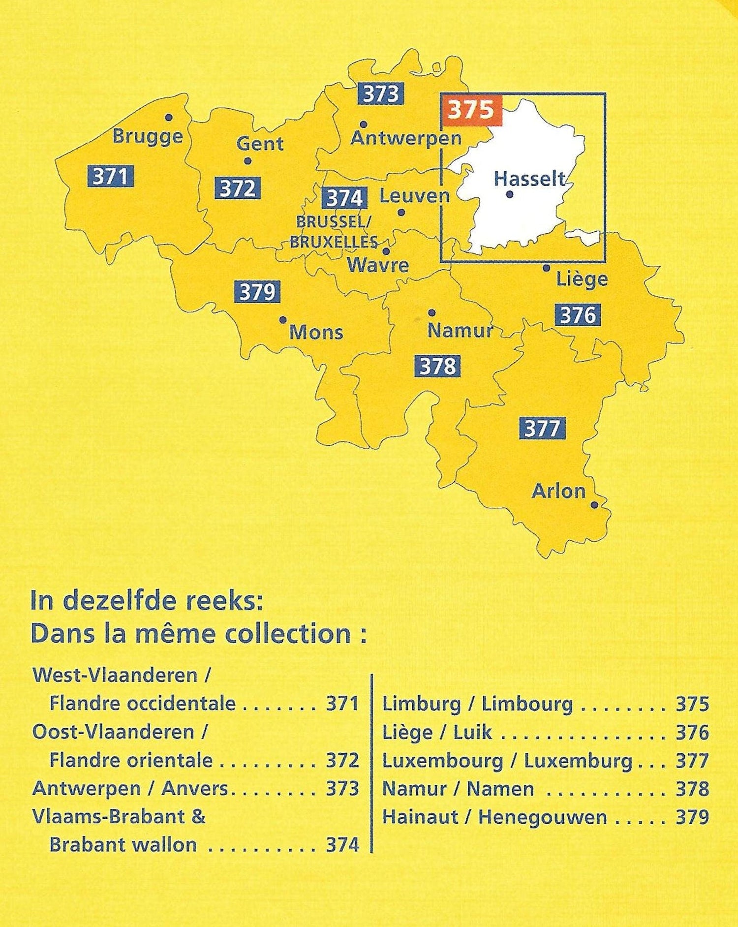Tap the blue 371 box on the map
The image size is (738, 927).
[111, 176]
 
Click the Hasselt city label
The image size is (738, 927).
[529, 179]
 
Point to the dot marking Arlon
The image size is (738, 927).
[594, 505]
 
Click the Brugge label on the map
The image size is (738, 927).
[148, 136]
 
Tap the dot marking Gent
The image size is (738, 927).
[247, 161]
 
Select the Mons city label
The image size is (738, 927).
[316, 332]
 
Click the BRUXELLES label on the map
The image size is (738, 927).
[334, 242]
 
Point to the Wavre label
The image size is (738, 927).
[378, 265]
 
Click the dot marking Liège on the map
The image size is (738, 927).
[546, 268]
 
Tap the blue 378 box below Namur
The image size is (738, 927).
[437, 366]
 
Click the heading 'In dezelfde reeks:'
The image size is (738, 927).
[147, 601]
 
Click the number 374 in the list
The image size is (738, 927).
[342, 845]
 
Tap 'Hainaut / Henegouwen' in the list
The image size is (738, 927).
[494, 817]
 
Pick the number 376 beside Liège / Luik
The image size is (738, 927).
[692, 733]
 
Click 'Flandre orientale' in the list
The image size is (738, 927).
[131, 761]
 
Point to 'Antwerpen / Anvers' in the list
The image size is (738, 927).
[130, 789]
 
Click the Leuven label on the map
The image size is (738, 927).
[414, 196]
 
